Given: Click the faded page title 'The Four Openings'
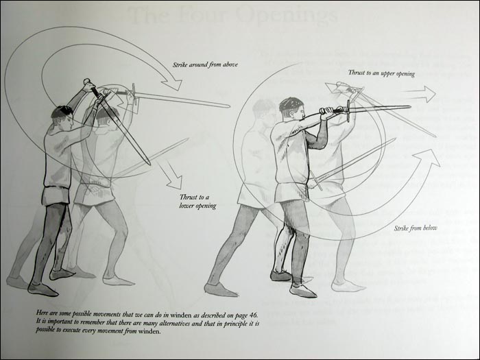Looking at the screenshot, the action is pos(233,15).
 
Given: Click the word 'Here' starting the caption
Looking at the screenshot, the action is pos(43,313).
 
